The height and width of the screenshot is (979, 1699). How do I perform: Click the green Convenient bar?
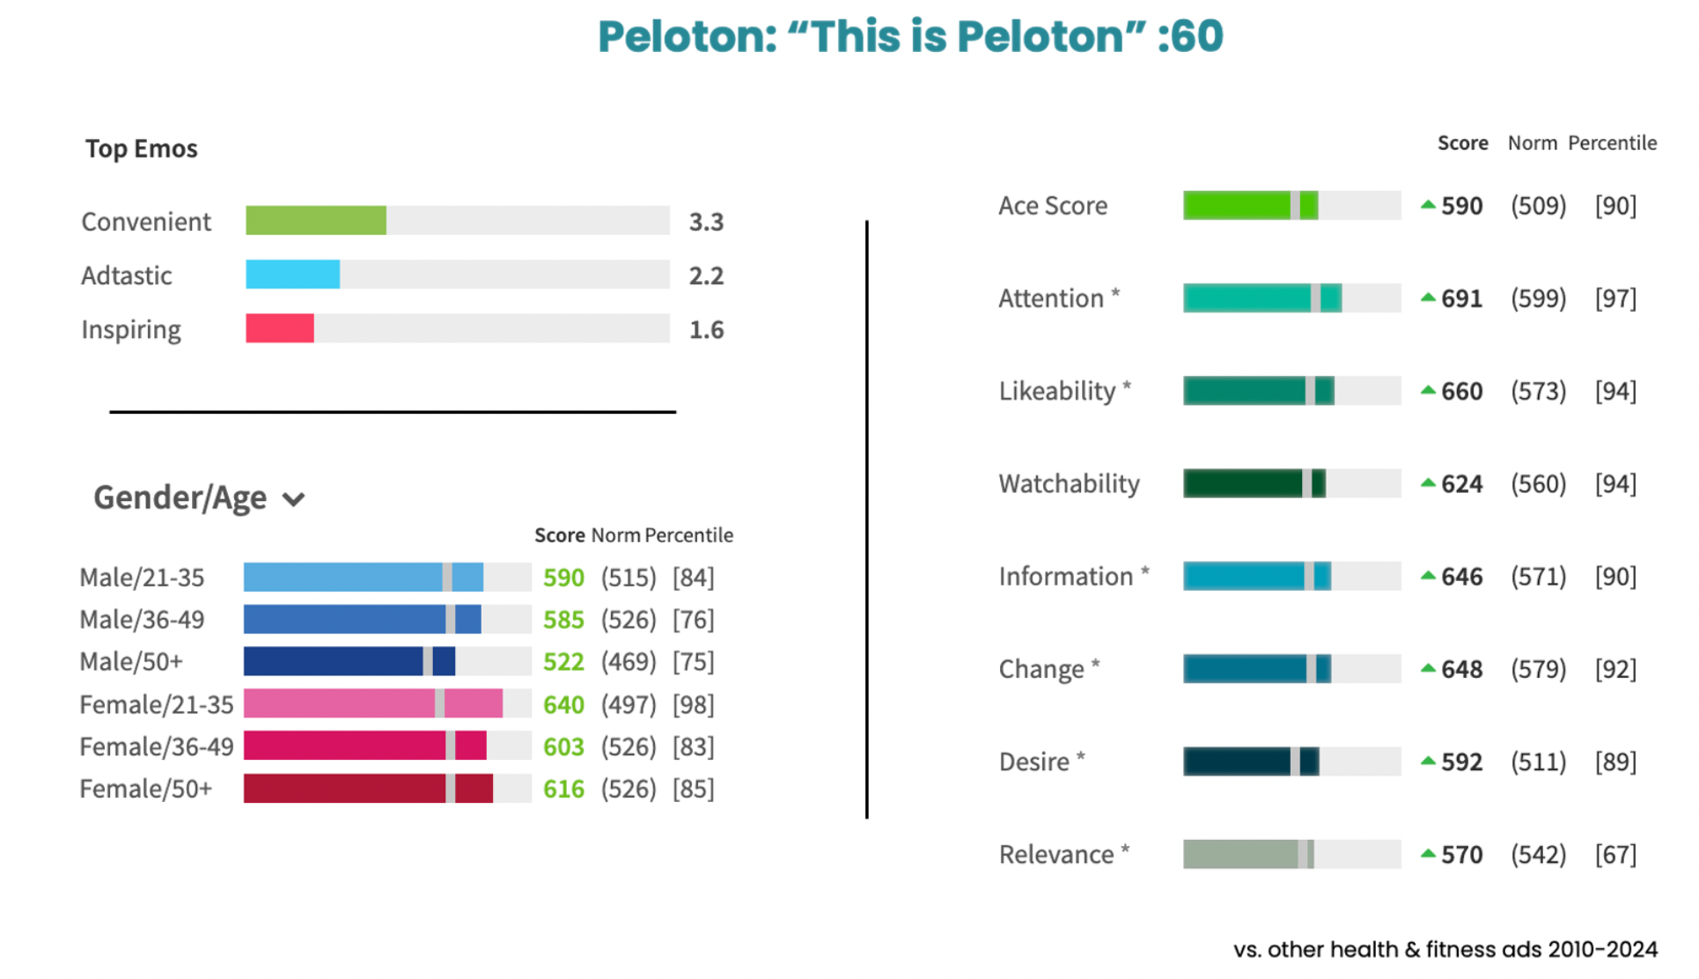coord(316,220)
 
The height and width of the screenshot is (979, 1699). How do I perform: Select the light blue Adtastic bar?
coord(292,275)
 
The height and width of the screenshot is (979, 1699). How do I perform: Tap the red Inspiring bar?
coord(280,328)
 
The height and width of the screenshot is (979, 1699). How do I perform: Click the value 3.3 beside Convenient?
coord(706,222)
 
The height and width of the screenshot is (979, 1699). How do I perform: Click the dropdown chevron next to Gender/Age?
coord(293,499)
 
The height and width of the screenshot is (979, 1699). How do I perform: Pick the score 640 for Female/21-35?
coord(563,705)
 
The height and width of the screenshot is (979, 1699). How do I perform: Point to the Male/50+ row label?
coord(131,662)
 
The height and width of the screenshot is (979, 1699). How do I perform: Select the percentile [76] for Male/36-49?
coord(694,620)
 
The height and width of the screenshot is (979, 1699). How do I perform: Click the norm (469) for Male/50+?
coord(629,662)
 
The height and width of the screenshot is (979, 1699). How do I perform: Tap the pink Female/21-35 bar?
coord(373,703)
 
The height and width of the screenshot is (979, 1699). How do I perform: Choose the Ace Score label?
coord(1053,206)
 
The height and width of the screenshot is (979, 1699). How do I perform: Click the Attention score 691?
coord(1462,299)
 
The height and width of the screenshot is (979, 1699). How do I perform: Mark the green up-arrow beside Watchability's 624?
coord(1428,482)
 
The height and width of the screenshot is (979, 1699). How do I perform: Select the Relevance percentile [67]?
coord(1616,855)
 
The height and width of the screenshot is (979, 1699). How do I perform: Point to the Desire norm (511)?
coord(1539,762)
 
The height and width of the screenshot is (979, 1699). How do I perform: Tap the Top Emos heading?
coord(142,149)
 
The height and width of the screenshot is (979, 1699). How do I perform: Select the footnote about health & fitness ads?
coord(1445,950)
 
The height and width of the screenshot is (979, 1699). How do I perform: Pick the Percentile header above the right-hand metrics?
coord(1613,144)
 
